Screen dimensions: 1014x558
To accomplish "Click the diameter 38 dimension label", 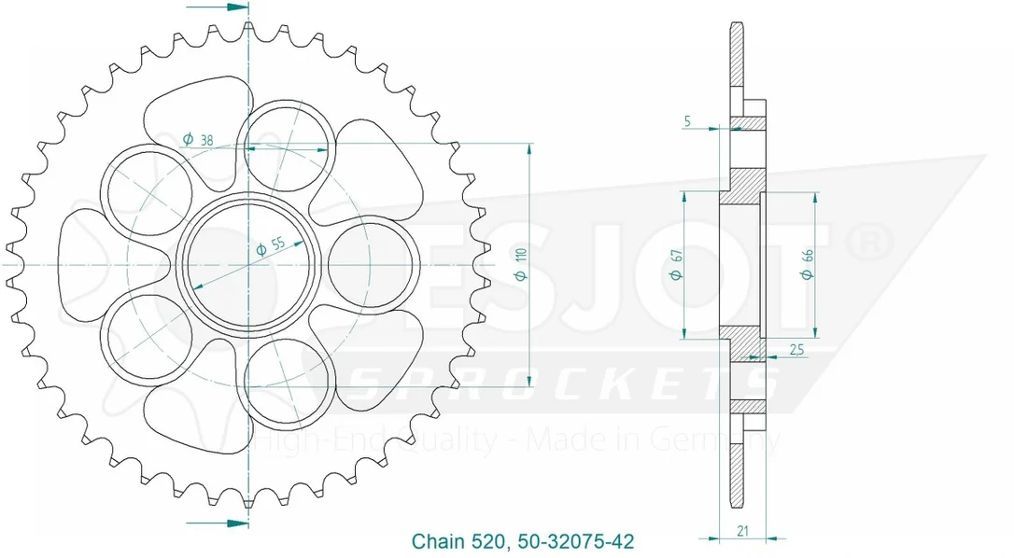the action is [x=198, y=139].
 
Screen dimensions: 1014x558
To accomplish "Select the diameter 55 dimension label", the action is [x=271, y=246].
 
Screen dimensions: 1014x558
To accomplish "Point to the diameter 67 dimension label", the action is [x=676, y=264].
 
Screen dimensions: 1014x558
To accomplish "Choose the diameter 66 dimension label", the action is [x=807, y=264].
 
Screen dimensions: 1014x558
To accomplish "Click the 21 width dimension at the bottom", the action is [x=742, y=531].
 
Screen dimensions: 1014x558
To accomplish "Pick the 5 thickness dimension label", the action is [x=687, y=121].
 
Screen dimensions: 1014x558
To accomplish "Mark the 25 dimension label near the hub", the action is [x=796, y=350].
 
